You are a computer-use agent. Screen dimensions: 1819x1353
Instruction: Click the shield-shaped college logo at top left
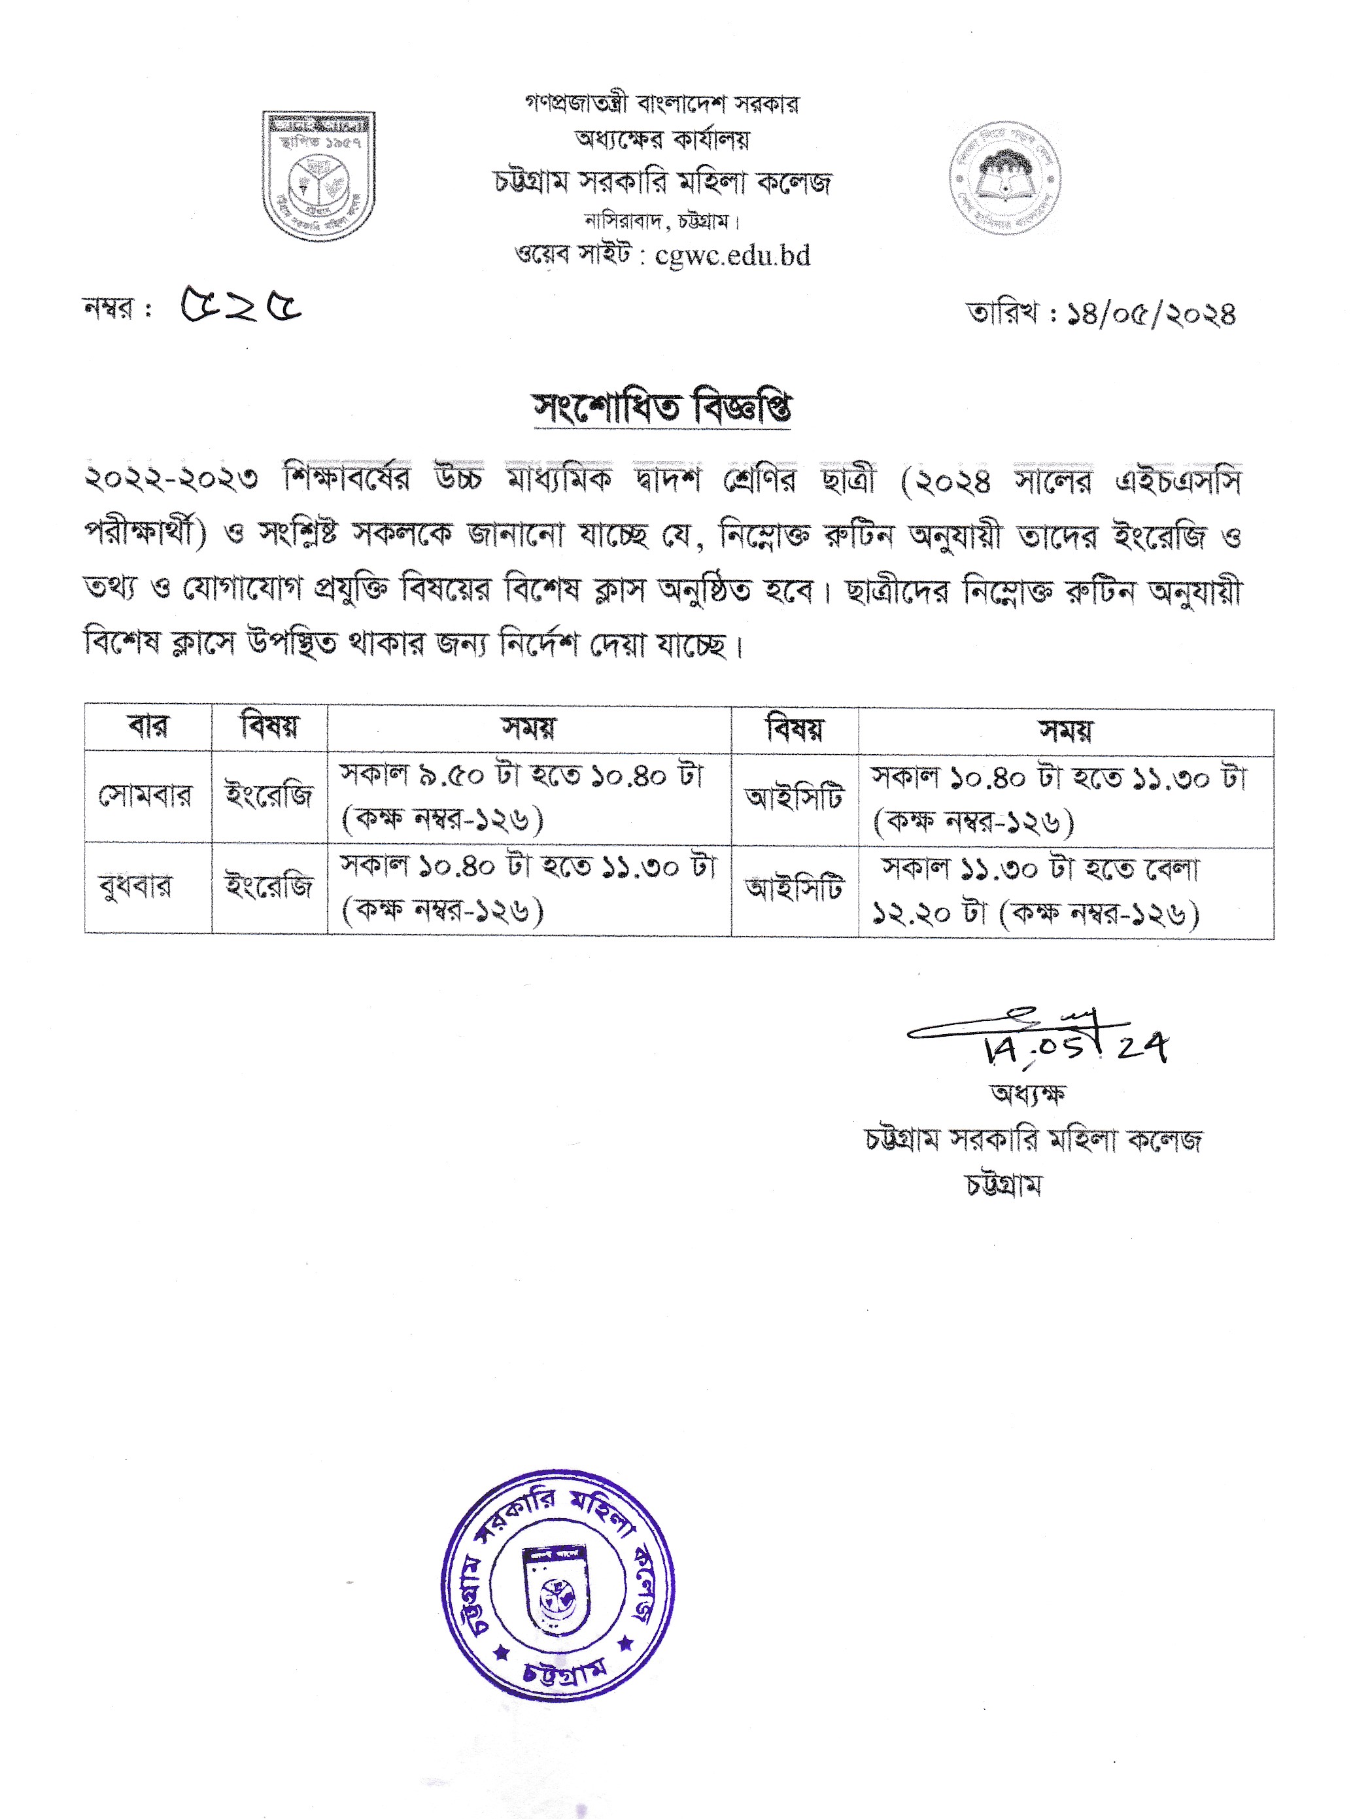coord(318,176)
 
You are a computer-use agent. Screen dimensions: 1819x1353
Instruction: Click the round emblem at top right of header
coord(1005,178)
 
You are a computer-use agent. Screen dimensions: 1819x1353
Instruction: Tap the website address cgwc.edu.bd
coord(732,256)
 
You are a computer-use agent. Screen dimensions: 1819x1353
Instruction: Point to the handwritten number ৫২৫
coord(241,305)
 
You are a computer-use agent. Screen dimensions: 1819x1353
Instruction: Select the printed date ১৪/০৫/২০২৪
coord(1151,315)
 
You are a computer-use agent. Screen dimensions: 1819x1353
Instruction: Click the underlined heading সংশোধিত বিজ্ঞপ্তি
coord(662,407)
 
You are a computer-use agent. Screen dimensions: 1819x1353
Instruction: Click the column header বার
coord(148,727)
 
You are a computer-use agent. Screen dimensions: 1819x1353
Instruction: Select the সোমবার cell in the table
coord(146,795)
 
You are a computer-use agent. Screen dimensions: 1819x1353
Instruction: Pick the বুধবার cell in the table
coord(136,887)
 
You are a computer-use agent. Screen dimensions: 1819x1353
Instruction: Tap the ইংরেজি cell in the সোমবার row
coord(269,795)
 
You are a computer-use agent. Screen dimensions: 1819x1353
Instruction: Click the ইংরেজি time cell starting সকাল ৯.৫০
coord(528,797)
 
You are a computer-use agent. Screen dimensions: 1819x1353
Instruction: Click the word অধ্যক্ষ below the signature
coord(1027,1094)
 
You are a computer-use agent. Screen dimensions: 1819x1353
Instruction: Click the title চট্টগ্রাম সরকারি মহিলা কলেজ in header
coord(662,182)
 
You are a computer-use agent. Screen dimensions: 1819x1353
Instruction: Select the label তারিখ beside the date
coord(1003,313)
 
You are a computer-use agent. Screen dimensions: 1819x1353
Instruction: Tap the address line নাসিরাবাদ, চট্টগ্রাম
coord(662,221)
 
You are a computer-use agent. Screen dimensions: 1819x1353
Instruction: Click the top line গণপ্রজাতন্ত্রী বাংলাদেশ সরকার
coord(662,104)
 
